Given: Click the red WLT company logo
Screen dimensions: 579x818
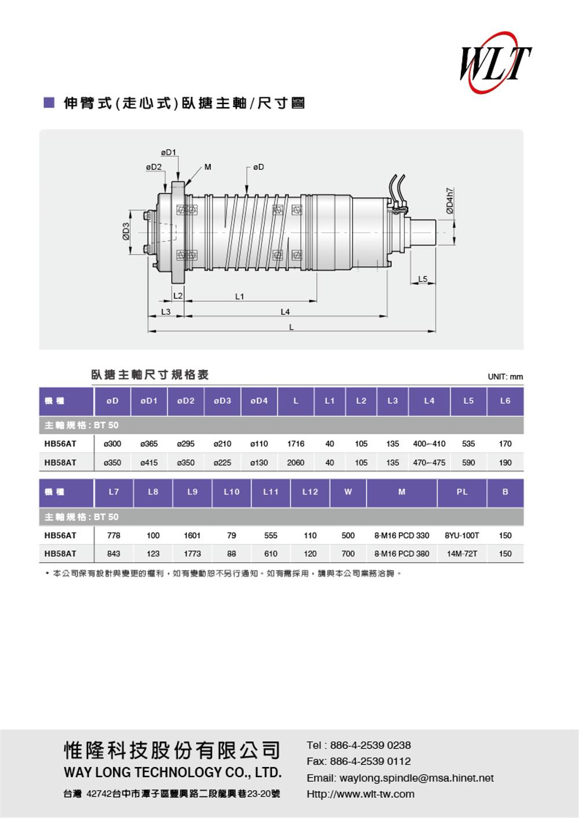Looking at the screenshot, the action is (496, 62).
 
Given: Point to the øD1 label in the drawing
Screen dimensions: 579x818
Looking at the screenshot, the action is (168, 152).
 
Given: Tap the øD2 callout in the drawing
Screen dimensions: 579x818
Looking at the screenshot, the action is (154, 167).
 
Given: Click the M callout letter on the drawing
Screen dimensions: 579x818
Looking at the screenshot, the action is (208, 167).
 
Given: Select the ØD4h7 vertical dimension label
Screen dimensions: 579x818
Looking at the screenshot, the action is (450, 201).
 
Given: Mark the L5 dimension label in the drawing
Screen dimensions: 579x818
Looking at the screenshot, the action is (423, 279).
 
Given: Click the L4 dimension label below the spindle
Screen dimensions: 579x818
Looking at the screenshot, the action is (285, 311).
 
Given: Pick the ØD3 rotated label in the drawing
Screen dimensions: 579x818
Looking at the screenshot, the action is (126, 231).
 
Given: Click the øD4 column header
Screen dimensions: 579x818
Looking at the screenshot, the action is (259, 400).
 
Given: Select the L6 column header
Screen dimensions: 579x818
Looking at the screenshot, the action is (505, 400).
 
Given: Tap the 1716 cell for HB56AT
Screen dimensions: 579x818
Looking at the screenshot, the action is (296, 444).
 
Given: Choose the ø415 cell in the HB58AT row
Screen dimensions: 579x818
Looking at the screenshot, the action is (149, 462).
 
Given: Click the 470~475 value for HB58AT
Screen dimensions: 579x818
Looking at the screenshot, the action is (429, 462).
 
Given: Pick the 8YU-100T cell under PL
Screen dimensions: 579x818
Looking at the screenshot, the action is (461, 535).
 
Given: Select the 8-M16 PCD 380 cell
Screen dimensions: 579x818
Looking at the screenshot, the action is (402, 554).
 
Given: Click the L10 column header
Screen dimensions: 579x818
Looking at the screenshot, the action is (232, 492).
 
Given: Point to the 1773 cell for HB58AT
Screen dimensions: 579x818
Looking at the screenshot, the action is (192, 554).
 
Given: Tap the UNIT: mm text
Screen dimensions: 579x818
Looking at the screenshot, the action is (505, 377).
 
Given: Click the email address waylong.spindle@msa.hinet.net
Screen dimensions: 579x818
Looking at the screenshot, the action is (416, 778).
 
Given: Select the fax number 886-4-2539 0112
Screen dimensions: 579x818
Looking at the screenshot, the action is (371, 761).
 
